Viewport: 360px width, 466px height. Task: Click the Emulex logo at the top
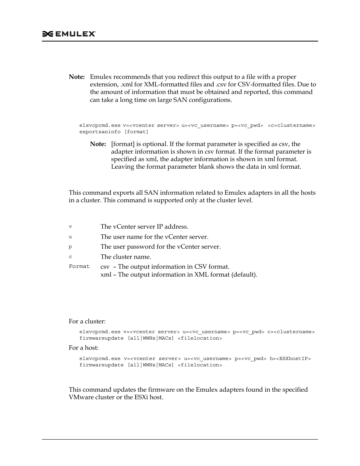coord(69,34)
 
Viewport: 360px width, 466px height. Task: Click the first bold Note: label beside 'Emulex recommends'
coord(77,77)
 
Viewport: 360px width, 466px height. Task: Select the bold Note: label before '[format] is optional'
coord(98,144)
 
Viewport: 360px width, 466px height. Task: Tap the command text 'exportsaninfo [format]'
coord(114,132)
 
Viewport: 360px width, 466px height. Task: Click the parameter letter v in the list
coord(70,227)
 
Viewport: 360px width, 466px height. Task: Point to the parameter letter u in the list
coord(70,237)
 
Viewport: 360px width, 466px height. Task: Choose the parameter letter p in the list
coord(70,247)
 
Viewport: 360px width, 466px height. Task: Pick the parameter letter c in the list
coord(70,257)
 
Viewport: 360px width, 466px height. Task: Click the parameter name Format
coord(79,266)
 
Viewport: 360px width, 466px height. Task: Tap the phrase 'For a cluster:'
coord(87,321)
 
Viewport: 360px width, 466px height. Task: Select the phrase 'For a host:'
coord(83,348)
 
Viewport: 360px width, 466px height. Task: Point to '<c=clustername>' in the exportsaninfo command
coord(291,125)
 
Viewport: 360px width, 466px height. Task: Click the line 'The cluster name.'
coord(126,257)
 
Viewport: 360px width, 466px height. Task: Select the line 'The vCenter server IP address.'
coord(144,227)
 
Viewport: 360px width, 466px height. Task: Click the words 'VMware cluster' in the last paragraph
coord(91,397)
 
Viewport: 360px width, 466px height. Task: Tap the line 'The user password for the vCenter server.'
coord(160,247)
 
